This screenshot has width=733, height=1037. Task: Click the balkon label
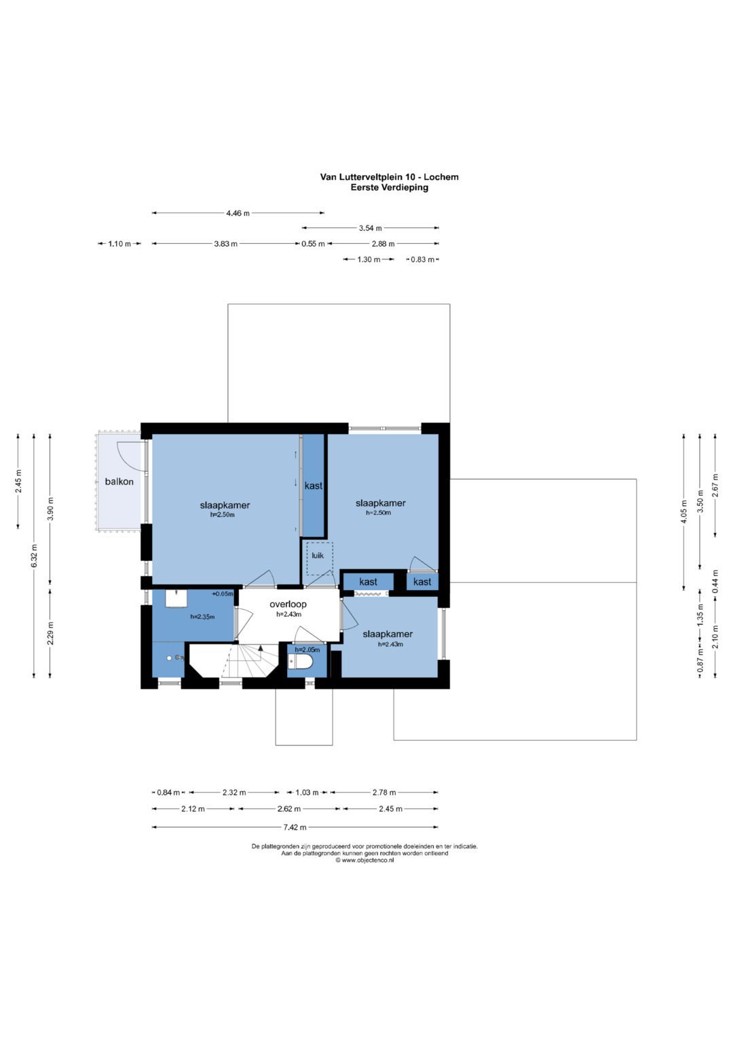[119, 481]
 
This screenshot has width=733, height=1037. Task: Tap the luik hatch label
[318, 556]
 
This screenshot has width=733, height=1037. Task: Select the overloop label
[288, 604]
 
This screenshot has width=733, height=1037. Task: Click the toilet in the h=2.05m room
[300, 661]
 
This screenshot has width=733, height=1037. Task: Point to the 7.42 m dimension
[295, 827]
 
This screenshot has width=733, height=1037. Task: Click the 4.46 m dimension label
[238, 213]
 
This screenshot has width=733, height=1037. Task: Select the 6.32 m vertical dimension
[34, 556]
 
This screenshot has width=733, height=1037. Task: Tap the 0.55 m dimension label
[314, 244]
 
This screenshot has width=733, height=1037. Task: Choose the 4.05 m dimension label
[684, 511]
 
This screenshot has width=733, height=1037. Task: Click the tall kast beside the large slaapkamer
[314, 485]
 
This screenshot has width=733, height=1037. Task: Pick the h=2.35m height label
[202, 617]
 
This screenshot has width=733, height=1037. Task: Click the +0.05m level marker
[223, 594]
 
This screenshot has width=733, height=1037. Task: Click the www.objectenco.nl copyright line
[364, 860]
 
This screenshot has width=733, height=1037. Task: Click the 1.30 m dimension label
[369, 259]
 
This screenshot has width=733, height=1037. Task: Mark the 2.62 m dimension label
[288, 809]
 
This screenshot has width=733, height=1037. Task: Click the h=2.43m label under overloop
[288, 615]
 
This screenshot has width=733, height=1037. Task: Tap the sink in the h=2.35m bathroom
[176, 598]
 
